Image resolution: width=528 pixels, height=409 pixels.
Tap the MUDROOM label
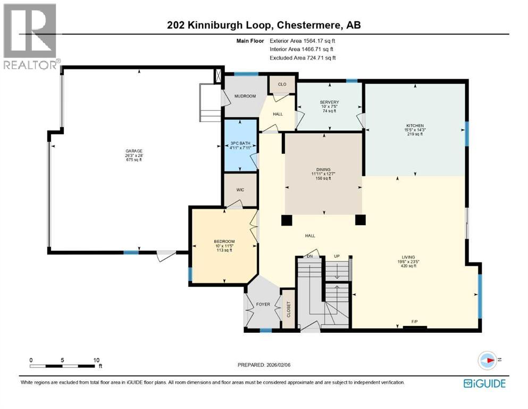coord(246,96)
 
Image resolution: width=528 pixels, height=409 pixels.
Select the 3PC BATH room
coord(240,143)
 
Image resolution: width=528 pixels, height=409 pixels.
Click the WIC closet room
coord(240,189)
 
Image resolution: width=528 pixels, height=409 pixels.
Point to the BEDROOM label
coord(224,241)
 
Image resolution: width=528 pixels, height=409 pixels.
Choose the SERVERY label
coord(329,102)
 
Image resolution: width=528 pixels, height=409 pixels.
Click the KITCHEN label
coord(414,126)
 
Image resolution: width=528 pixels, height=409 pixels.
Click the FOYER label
coord(263,305)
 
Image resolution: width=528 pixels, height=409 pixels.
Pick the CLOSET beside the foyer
coord(289,309)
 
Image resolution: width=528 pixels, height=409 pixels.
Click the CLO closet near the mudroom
coord(282,84)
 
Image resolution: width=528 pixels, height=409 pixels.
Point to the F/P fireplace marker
coord(414,322)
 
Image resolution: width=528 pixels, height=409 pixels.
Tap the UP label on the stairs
coord(336,256)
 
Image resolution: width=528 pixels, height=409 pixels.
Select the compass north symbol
coord(488,361)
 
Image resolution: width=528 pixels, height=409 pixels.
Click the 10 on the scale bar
coord(96,359)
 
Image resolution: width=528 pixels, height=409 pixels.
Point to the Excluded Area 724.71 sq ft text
coord(303,58)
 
